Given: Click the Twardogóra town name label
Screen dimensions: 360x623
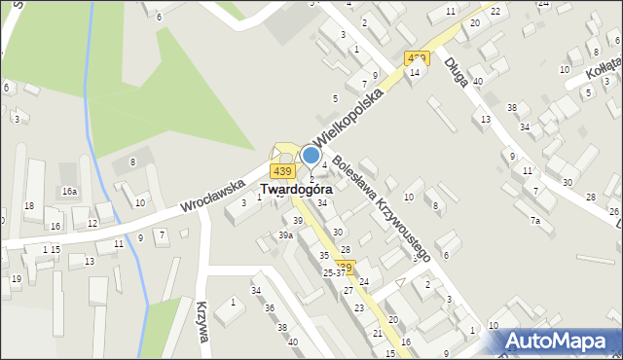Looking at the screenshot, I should (x=296, y=190).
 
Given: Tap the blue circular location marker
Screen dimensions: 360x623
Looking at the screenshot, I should (x=311, y=155).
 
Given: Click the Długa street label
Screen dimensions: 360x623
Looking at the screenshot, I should (x=456, y=72).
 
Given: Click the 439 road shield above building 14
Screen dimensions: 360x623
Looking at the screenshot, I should (x=418, y=58).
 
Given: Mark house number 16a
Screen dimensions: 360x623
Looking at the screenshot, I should (x=70, y=192).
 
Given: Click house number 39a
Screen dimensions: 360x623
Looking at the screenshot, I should (x=285, y=235).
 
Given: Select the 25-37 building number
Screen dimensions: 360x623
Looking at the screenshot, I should (x=334, y=272).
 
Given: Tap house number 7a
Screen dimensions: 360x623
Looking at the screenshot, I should (x=535, y=221).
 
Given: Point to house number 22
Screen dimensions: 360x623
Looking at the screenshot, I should (x=495, y=11).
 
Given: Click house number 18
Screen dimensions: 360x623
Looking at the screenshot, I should (x=29, y=205).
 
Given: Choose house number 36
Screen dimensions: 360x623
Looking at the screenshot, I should (x=270, y=308).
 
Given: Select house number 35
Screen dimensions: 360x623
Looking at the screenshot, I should (x=324, y=255).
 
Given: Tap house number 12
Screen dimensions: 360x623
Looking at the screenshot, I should (x=92, y=224).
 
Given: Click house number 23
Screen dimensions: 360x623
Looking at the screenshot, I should (x=359, y=308).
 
